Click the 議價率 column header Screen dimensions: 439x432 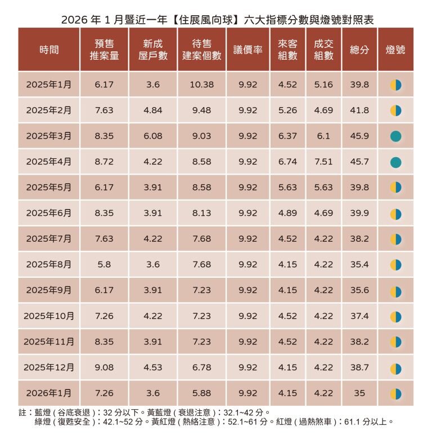pyautogui.click(x=247, y=50)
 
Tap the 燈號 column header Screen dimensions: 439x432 pyautogui.click(x=395, y=50)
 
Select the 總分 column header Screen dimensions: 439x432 pyautogui.click(x=359, y=50)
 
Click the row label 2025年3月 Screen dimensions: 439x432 pyautogui.click(x=49, y=136)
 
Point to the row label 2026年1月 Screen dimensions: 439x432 pyautogui.click(x=49, y=393)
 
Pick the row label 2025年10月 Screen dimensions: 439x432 pyautogui.click(x=49, y=316)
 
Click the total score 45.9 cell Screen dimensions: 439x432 pyautogui.click(x=359, y=136)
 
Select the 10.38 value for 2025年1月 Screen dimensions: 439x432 pyautogui.click(x=202, y=85)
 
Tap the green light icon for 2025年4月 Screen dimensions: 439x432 pyautogui.click(x=395, y=162)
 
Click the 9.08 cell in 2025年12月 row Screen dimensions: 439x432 pyautogui.click(x=105, y=367)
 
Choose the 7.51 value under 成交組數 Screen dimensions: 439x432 pyautogui.click(x=323, y=162)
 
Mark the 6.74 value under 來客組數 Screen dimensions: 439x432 pyautogui.click(x=287, y=162)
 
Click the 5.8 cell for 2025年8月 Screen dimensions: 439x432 pyautogui.click(x=105, y=264)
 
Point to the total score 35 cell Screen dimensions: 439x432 pyautogui.click(x=359, y=393)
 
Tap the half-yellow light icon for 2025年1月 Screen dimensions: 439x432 pyautogui.click(x=395, y=85)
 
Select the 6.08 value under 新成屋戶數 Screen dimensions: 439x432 pyautogui.click(x=153, y=136)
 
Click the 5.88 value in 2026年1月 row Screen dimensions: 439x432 pyautogui.click(x=202, y=393)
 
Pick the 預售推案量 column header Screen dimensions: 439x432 pyautogui.click(x=105, y=50)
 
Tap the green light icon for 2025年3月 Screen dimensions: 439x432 pyautogui.click(x=395, y=136)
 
